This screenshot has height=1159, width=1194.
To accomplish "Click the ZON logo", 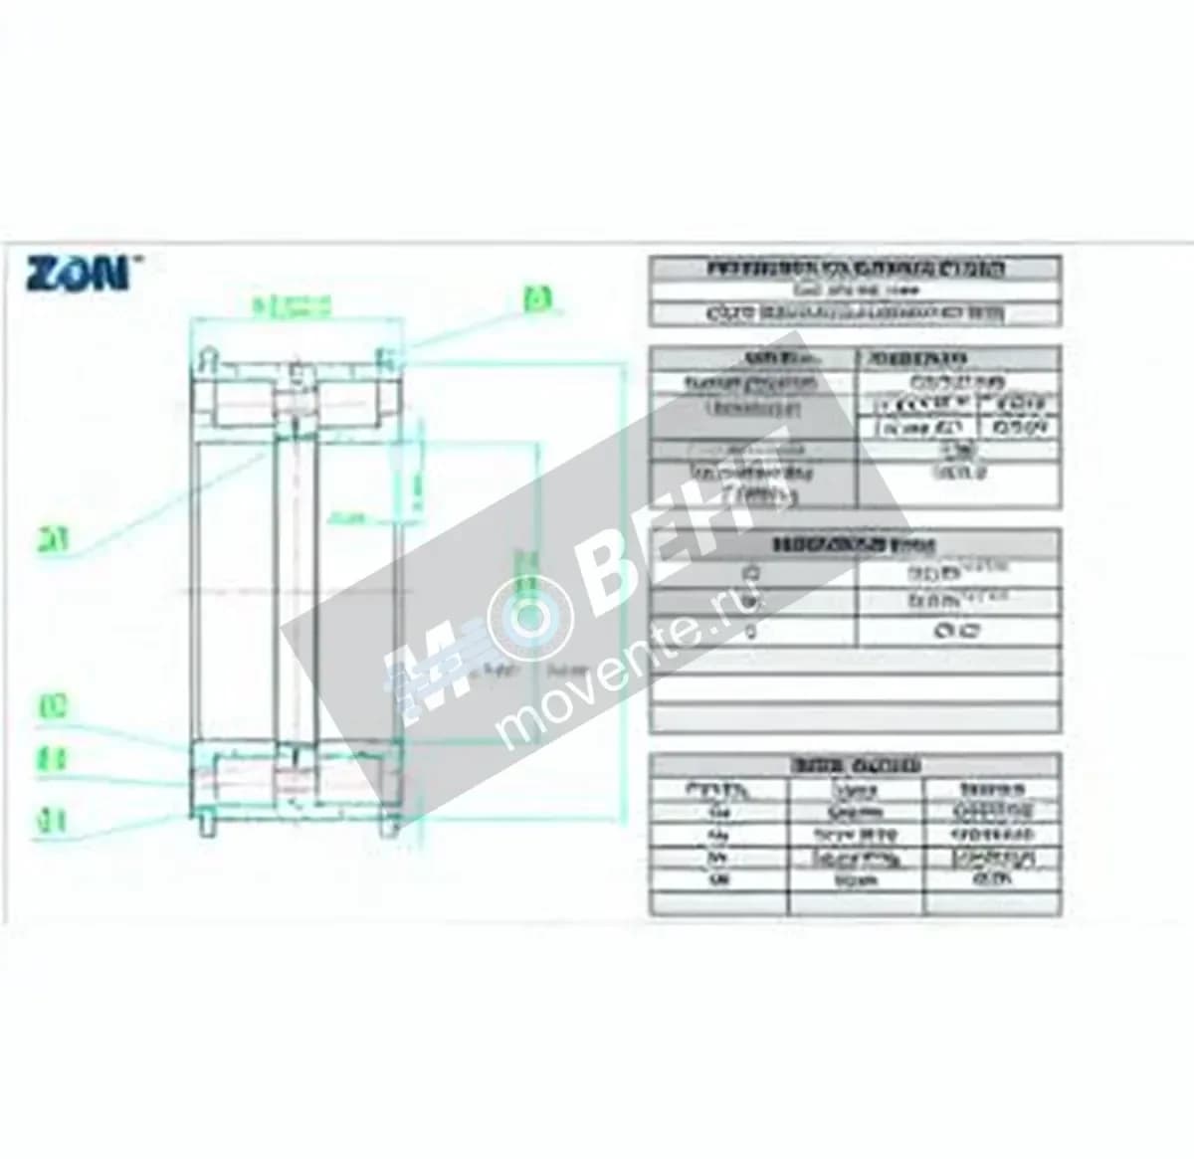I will tap(77, 273).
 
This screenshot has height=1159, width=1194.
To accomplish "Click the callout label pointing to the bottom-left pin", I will tap(52, 822).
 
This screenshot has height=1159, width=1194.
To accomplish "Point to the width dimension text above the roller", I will tap(290, 307).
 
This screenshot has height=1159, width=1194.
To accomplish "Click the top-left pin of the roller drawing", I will tap(206, 355).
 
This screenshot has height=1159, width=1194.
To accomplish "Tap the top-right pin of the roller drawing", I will tap(385, 355).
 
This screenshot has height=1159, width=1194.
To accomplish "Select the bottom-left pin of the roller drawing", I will tap(206, 826).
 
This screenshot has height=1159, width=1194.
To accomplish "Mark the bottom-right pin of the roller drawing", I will tap(386, 826).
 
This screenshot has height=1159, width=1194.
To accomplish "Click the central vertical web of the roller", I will tap(296, 587).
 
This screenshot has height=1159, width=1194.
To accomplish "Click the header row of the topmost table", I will tap(855, 269).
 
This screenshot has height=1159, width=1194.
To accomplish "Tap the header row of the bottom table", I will tap(855, 765).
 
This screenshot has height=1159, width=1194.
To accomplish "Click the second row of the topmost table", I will tap(855, 290).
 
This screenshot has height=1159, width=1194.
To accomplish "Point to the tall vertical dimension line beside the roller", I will tap(624, 587).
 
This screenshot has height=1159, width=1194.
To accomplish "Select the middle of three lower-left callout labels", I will tap(52, 760).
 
